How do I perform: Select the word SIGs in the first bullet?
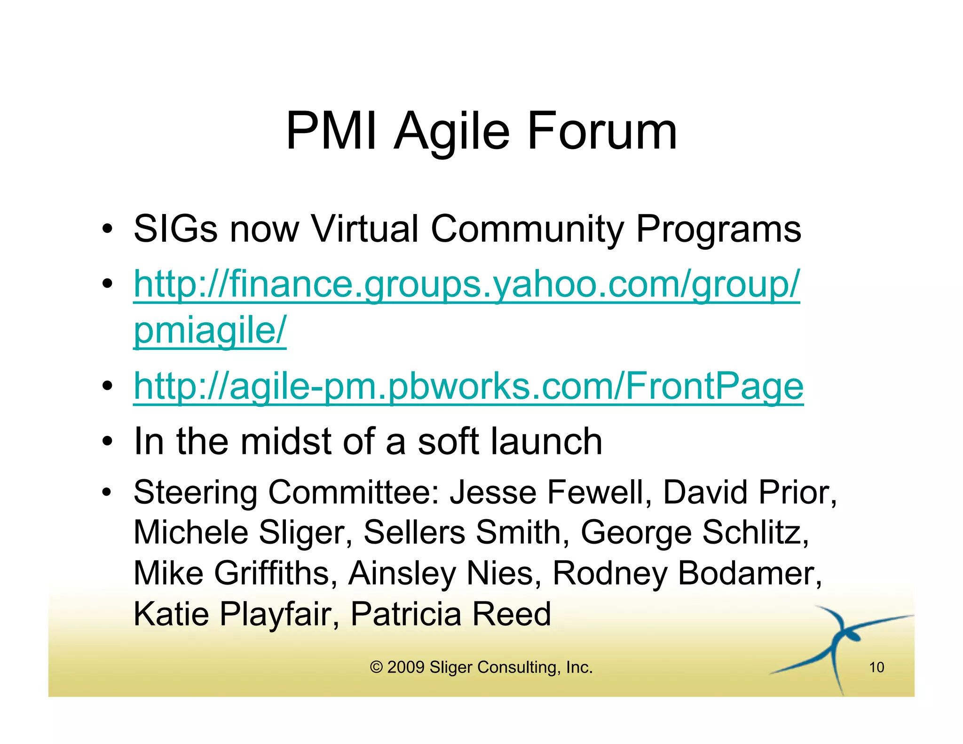tap(175, 229)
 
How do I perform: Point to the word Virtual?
tap(365, 229)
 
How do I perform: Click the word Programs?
tap(718, 229)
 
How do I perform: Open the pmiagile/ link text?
tap(210, 330)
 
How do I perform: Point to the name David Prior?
tap(749, 493)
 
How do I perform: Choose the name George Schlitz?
tap(694, 533)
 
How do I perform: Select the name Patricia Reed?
tap(450, 614)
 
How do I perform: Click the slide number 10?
tap(876, 667)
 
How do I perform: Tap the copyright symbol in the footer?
tap(376, 667)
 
